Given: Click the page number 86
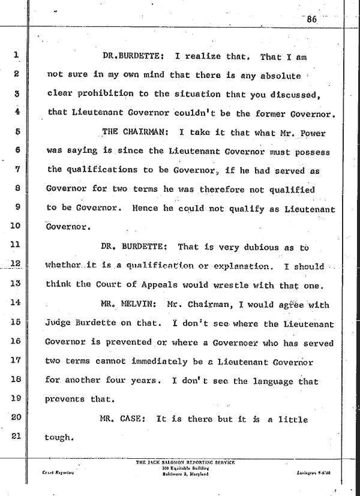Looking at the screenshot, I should point(311,19).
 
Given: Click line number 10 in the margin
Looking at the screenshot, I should point(16,226).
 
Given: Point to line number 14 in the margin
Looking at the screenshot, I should point(16,304).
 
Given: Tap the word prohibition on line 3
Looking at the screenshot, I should point(101,94).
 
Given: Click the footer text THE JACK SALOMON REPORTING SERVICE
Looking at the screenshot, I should point(185,462).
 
